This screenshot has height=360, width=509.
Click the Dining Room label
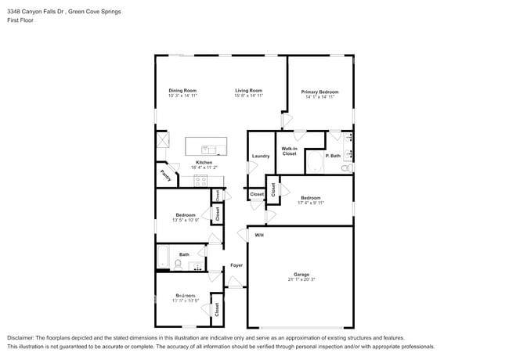(182, 91)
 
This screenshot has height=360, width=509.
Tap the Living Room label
(248, 91)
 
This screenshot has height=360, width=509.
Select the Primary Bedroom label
(319, 92)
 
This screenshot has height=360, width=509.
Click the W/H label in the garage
(259, 235)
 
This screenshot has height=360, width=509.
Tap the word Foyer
(236, 265)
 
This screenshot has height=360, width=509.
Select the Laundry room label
(261, 156)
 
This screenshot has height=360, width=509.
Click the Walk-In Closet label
(289, 151)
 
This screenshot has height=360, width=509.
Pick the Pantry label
(165, 176)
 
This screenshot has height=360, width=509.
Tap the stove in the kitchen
(200, 181)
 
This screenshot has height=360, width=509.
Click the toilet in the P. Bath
(345, 167)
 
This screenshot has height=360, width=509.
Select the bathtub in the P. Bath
(313, 163)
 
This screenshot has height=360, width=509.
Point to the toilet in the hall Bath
(179, 265)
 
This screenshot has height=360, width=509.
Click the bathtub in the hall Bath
(163, 256)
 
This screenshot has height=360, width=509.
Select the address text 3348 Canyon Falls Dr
(40, 13)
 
